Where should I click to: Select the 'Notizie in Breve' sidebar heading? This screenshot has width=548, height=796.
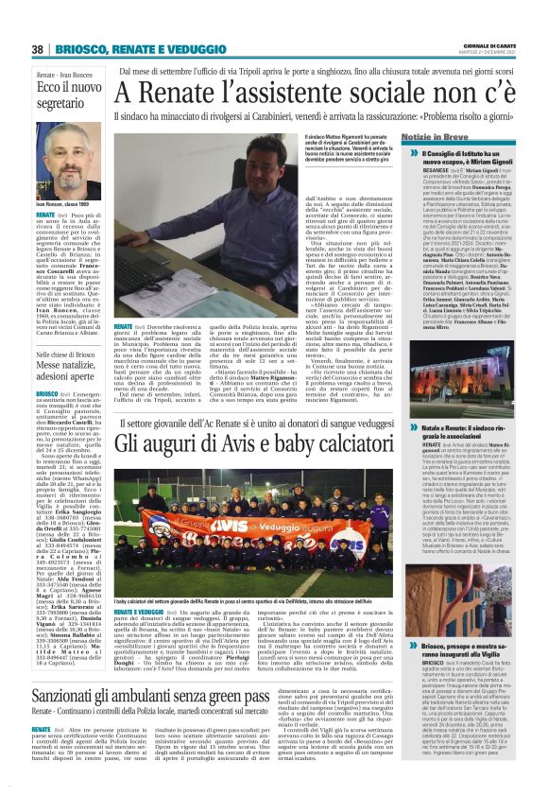463,138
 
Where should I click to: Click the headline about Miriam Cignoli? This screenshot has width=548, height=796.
472,158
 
